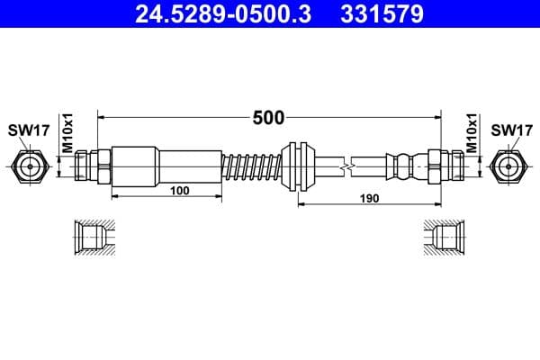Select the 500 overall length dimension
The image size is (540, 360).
(x=269, y=117)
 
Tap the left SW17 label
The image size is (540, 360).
(x=29, y=130)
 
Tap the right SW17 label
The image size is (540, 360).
(x=510, y=130)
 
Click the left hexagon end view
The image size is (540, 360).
(x=29, y=166)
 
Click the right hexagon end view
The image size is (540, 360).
(x=510, y=166)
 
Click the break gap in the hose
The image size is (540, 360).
(x=346, y=166)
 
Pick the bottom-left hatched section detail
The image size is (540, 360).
(x=94, y=238)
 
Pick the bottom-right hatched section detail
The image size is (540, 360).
(x=445, y=238)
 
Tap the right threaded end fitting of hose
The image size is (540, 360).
(x=446, y=166)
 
